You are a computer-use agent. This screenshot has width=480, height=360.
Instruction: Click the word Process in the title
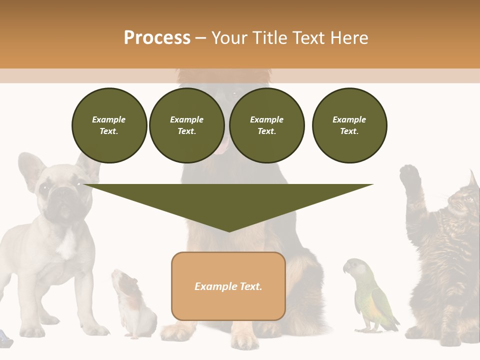click(x=157, y=38)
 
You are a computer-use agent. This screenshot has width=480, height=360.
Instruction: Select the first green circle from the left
click(x=109, y=125)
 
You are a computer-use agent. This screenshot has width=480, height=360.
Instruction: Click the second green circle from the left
click(x=186, y=125)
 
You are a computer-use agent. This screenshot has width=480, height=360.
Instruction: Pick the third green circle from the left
click(x=266, y=125)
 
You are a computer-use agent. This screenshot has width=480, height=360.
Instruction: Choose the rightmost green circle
click(x=349, y=125)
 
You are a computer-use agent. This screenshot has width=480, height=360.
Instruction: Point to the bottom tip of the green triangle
click(x=229, y=231)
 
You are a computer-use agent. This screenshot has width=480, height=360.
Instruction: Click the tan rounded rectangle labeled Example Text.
click(x=228, y=286)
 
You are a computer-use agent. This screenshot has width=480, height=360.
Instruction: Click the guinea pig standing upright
click(x=132, y=305)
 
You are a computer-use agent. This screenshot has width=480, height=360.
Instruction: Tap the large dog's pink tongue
click(x=223, y=145)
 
